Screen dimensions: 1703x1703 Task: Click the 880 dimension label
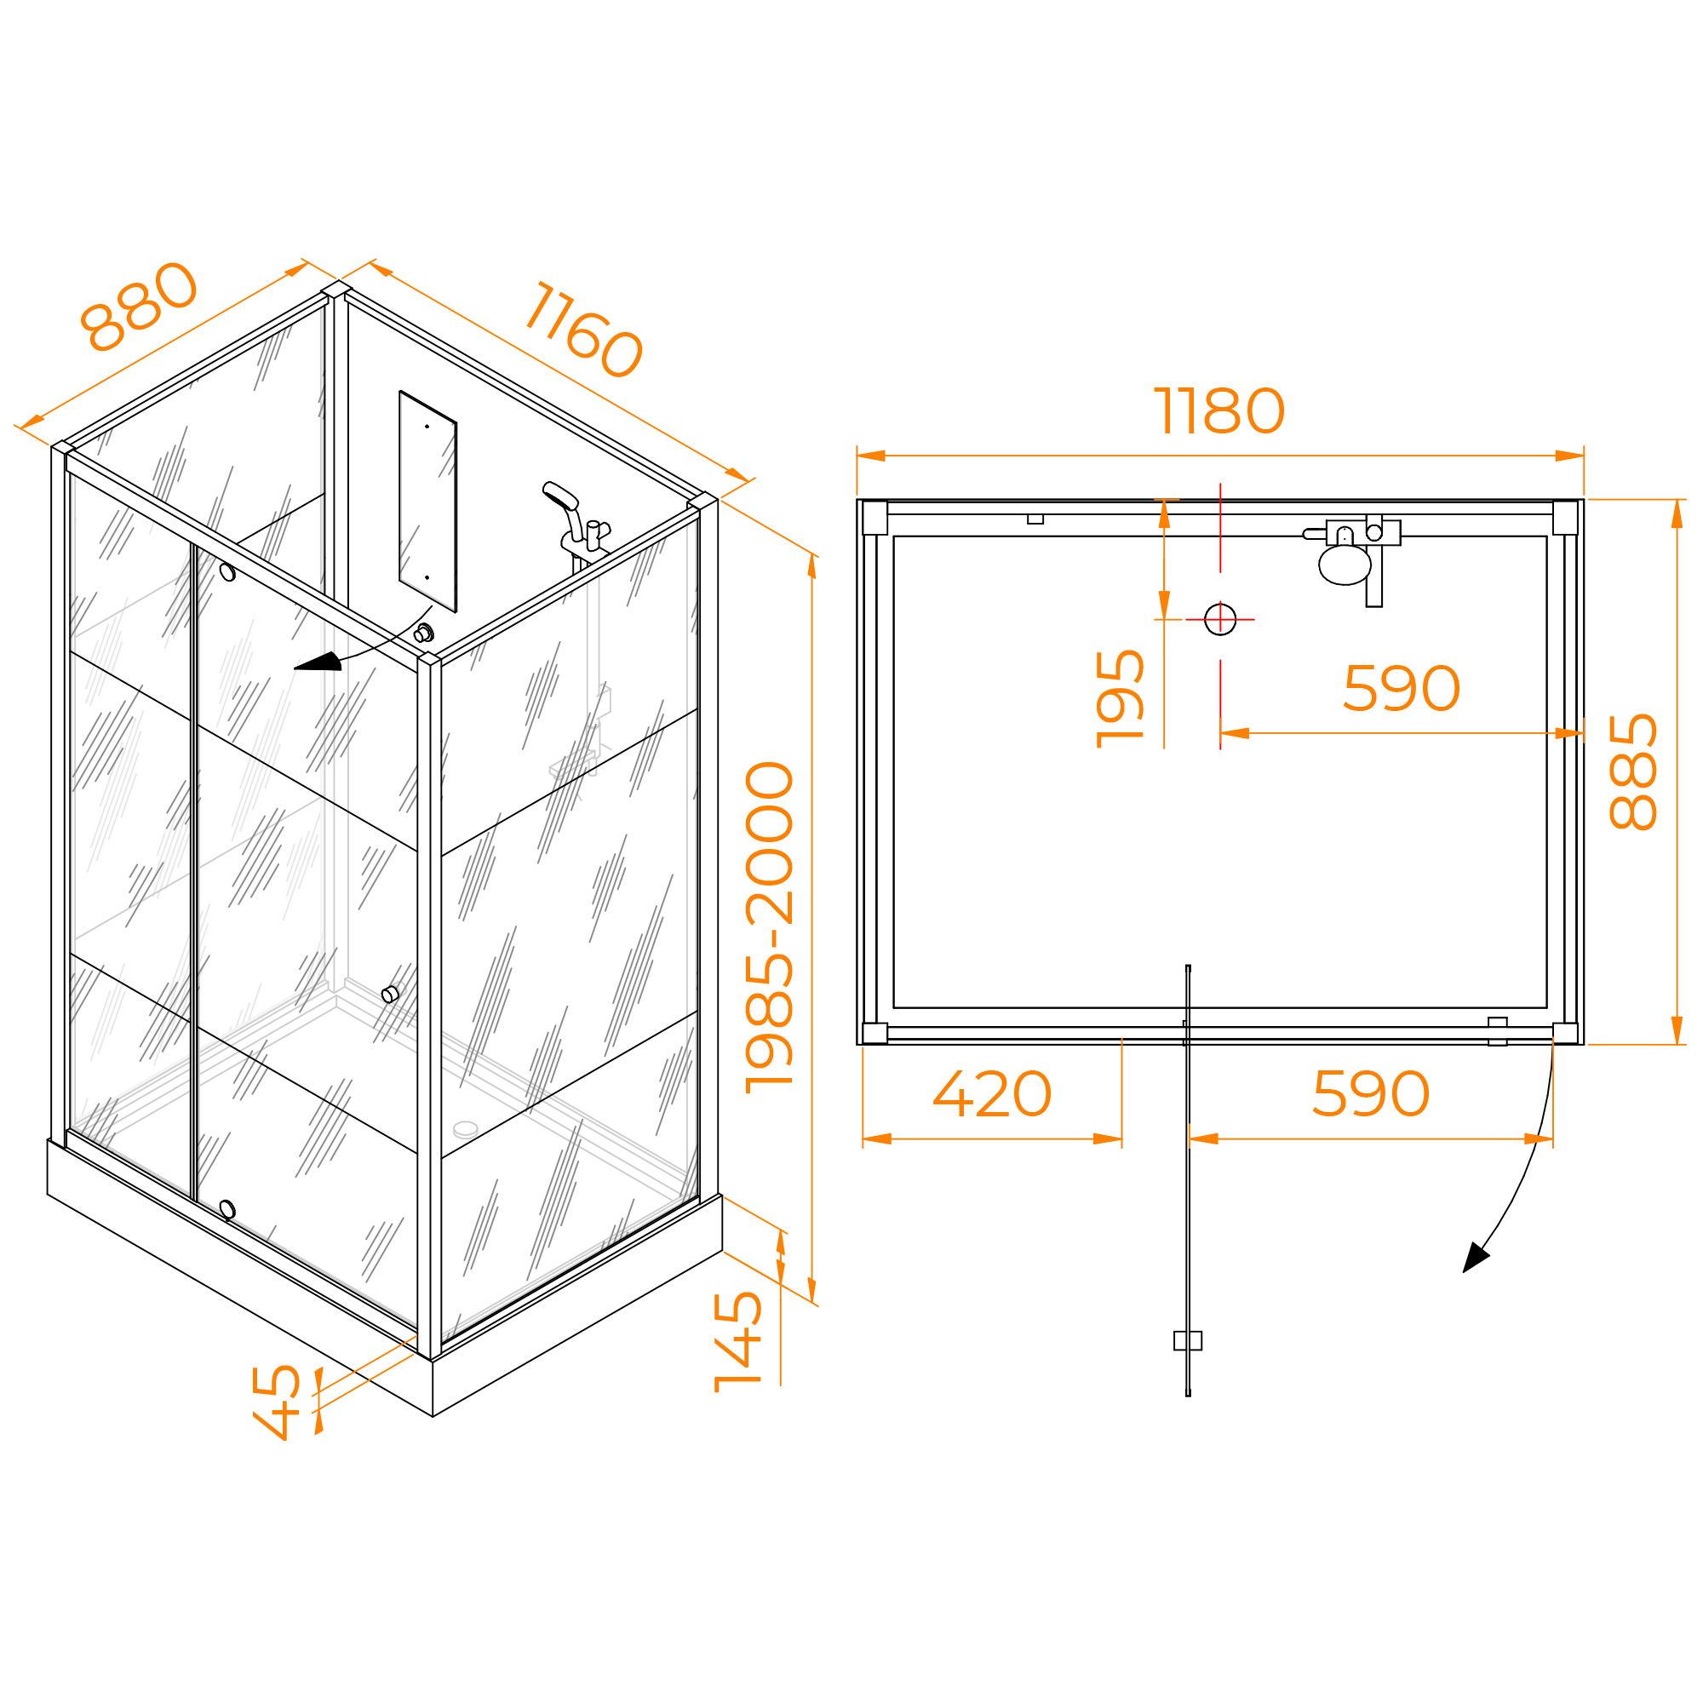point(140,305)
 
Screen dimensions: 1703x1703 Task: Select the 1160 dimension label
point(584,330)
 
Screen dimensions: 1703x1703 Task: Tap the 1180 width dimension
point(1219,410)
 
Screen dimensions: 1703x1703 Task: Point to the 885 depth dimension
point(1632,771)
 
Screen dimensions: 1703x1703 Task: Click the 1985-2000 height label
point(770,927)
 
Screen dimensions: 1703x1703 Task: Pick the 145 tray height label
point(738,1343)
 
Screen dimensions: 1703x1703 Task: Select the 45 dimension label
point(277,1402)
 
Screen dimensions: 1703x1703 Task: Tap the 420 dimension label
point(992,1094)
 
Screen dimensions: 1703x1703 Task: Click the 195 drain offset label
point(1120,699)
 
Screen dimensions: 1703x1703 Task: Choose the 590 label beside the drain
point(1402,688)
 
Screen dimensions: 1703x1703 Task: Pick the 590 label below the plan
point(1371,1094)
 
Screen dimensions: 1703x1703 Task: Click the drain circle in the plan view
point(1220,620)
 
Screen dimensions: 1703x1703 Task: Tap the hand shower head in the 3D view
point(560,496)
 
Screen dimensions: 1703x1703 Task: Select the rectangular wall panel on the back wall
point(427,501)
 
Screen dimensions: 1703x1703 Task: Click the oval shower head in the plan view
point(1345,565)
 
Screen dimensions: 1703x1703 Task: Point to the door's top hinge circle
point(227,573)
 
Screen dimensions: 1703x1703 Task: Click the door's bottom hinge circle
point(227,1209)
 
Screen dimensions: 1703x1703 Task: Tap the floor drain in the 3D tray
point(466,1129)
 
